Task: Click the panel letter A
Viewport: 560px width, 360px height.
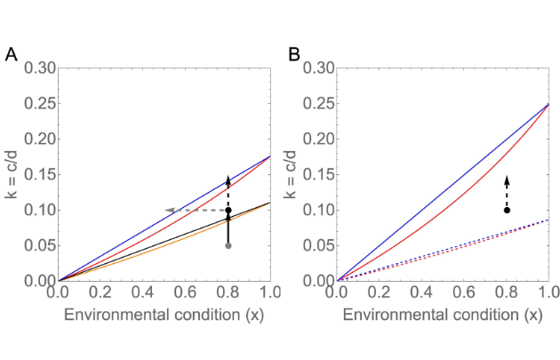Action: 12,55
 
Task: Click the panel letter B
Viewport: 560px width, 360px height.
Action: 293,55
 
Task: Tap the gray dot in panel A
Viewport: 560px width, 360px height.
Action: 228,245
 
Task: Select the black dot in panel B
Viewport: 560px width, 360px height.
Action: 507,210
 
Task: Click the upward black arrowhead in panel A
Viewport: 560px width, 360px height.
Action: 228,179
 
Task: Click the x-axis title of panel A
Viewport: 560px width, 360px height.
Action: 164,315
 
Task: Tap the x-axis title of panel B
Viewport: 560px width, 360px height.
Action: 443,315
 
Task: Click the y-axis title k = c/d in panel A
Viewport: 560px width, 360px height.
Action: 13,174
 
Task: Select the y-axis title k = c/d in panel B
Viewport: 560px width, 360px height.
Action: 293,174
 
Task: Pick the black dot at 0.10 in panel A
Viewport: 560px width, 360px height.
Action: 228,210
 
